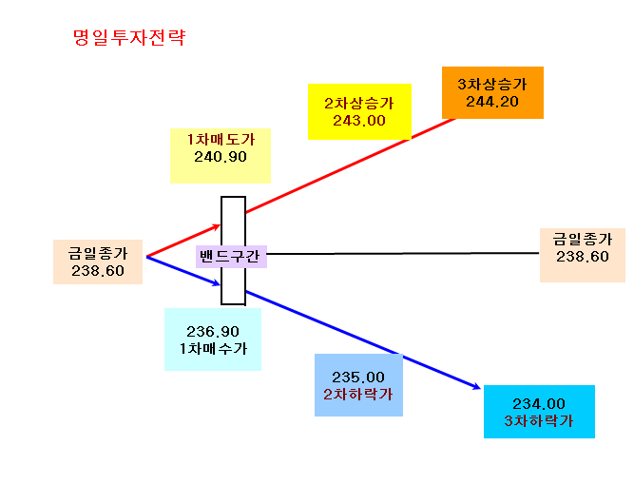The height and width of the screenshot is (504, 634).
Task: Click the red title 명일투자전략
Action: tap(129, 38)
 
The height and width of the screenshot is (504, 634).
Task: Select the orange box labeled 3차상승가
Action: tap(492, 92)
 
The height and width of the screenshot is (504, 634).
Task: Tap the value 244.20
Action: tap(492, 102)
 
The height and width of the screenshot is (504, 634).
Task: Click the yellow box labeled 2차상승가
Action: tap(359, 111)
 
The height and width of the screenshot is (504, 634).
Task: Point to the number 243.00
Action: tap(359, 121)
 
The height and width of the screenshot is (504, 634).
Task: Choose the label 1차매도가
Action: tap(221, 140)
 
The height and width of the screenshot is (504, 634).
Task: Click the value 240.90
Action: tap(221, 157)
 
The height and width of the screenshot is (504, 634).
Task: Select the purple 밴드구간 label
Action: tap(231, 257)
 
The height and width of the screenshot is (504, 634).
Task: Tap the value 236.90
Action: tap(213, 332)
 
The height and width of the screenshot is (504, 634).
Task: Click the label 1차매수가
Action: tap(213, 349)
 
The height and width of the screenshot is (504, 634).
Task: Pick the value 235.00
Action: tap(358, 378)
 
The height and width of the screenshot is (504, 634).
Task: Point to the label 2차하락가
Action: tap(358, 395)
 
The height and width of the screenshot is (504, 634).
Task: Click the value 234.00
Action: tap(539, 404)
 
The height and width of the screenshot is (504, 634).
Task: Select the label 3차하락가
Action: tap(539, 421)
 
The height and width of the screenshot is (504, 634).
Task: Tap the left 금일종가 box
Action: tap(98, 262)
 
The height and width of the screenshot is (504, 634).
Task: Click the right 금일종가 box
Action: tap(583, 255)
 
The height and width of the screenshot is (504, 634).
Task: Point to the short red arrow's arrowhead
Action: tap(217, 226)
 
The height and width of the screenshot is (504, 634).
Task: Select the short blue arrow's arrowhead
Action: tap(217, 283)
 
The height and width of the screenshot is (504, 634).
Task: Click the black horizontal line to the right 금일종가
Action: tap(403, 254)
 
